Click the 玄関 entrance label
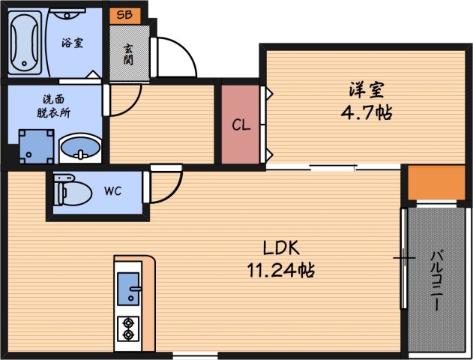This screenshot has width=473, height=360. (127, 52)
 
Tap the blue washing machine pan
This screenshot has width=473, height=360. (36, 145)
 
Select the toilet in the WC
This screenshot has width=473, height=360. (70, 191)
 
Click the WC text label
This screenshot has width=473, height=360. (112, 190)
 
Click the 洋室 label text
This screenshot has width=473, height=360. (367, 90)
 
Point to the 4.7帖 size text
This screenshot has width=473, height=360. (367, 113)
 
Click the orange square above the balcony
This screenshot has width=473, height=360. (436, 182)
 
